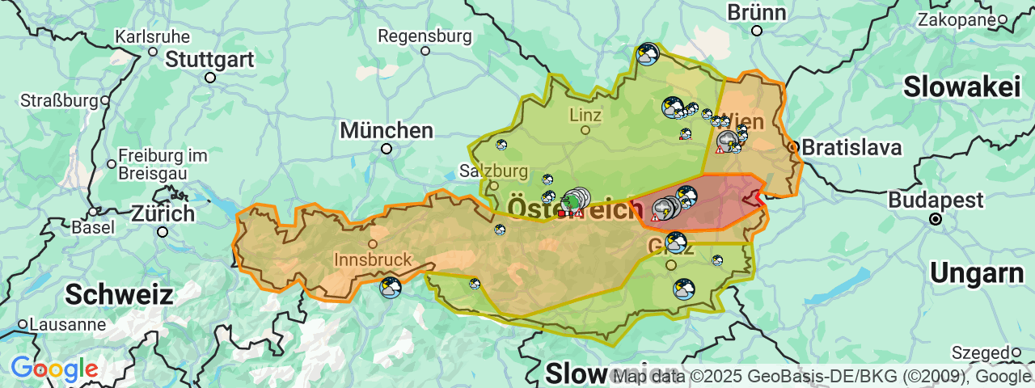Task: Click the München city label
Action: tap(387, 130)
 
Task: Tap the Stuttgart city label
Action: tap(210, 59)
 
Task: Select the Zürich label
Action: tap(163, 214)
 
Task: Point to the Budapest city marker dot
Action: tap(936, 219)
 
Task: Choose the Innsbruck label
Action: tap(373, 260)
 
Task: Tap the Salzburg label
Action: tap(493, 171)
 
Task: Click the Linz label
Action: tap(585, 115)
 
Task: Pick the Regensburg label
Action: tap(425, 36)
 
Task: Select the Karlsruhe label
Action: tap(153, 37)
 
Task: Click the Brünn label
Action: tap(757, 13)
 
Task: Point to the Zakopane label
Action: tap(956, 20)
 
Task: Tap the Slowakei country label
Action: tap(962, 86)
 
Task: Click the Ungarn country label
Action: tap(977, 274)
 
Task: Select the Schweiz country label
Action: tap(119, 294)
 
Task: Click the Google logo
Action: tap(54, 369)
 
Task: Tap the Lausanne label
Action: tap(68, 325)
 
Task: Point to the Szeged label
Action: tap(981, 352)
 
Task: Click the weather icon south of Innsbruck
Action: tap(391, 288)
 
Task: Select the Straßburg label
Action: tap(59, 101)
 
